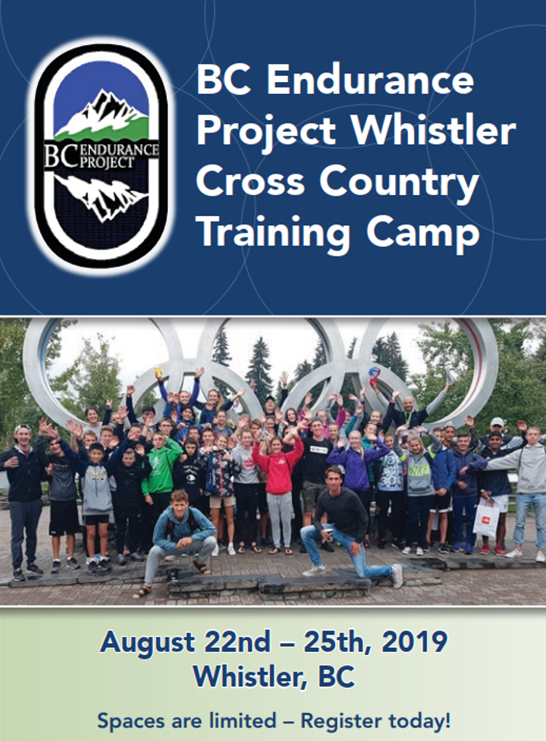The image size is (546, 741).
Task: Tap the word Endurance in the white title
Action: pyautogui.click(x=370, y=79)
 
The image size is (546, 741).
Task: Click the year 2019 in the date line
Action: pyautogui.click(x=414, y=642)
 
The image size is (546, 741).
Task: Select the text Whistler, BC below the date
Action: pyautogui.click(x=274, y=678)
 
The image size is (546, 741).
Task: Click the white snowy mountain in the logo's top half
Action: pyautogui.click(x=101, y=114)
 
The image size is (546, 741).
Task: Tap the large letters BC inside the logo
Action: pyautogui.click(x=61, y=156)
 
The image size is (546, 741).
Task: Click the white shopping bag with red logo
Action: pyautogui.click(x=486, y=517)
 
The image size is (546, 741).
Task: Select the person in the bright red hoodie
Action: pyautogui.click(x=279, y=492)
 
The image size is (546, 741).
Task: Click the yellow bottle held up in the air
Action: pyautogui.click(x=159, y=372)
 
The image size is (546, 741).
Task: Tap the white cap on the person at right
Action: pyautogui.click(x=497, y=421)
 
